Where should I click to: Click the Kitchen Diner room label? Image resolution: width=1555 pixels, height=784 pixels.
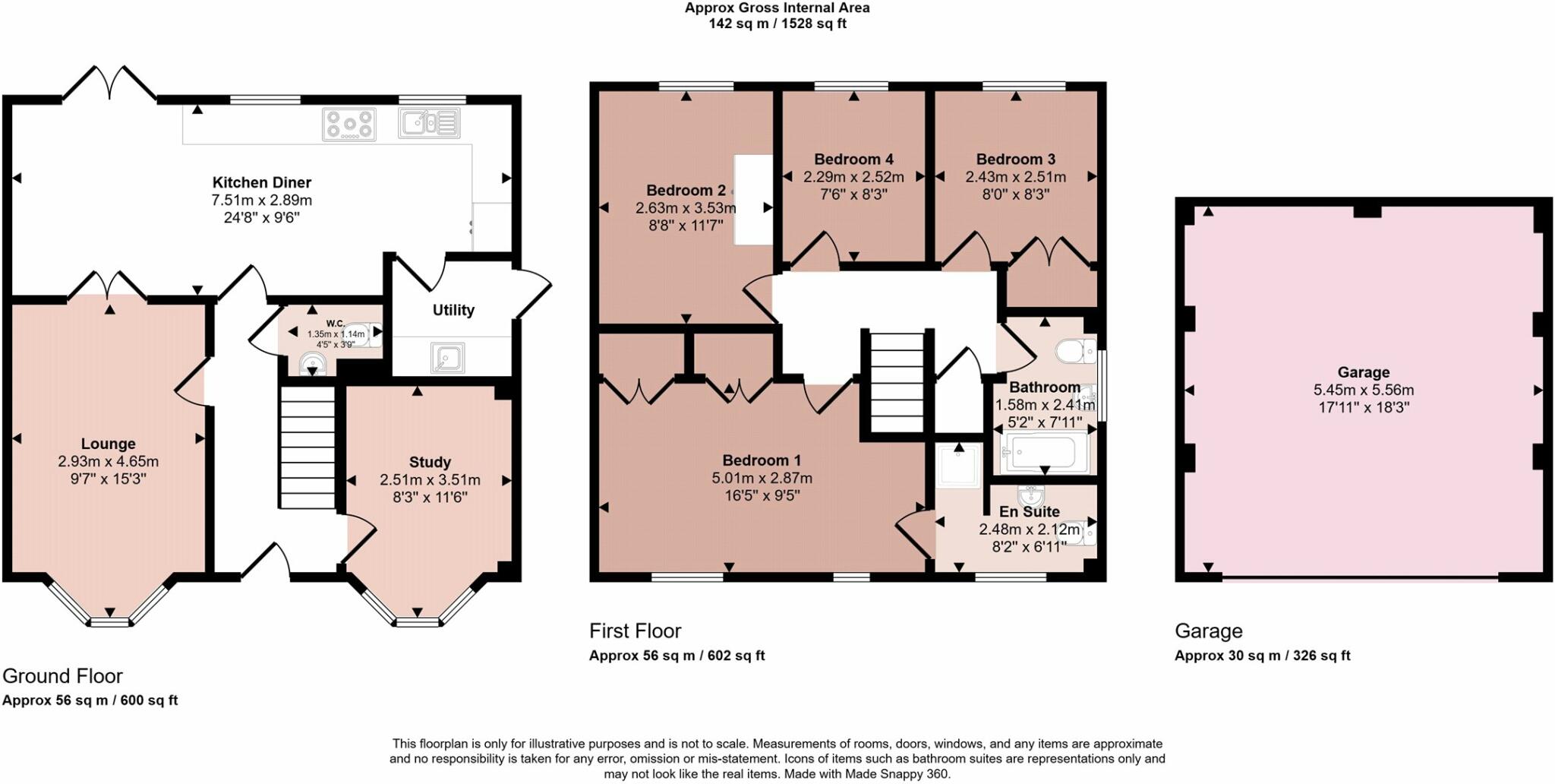(x=261, y=182)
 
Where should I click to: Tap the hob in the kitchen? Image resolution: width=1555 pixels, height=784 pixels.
(x=349, y=125)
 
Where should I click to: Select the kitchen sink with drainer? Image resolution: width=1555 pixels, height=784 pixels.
(x=429, y=123)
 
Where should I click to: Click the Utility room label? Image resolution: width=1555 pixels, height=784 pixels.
(x=453, y=310)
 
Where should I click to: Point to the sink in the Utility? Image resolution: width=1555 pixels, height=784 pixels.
(x=447, y=357)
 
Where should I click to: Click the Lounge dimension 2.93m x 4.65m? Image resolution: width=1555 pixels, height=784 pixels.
(x=109, y=461)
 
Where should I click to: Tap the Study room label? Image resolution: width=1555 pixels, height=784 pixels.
(x=430, y=462)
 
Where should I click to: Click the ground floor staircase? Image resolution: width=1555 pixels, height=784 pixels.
(x=308, y=447)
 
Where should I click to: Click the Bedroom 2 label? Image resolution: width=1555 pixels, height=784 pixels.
(x=686, y=190)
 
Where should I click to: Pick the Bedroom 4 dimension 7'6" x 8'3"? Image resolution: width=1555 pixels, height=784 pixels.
(x=853, y=194)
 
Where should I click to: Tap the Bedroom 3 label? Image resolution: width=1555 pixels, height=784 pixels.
(x=1016, y=160)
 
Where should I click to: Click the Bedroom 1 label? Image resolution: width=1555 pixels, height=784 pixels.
(x=762, y=460)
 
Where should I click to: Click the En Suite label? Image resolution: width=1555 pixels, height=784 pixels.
(x=1030, y=512)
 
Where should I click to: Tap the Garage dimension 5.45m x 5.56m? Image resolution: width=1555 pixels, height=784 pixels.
(x=1364, y=390)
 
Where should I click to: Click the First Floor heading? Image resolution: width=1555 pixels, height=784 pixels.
(x=636, y=631)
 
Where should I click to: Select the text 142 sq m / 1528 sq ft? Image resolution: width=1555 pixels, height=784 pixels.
(x=777, y=24)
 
